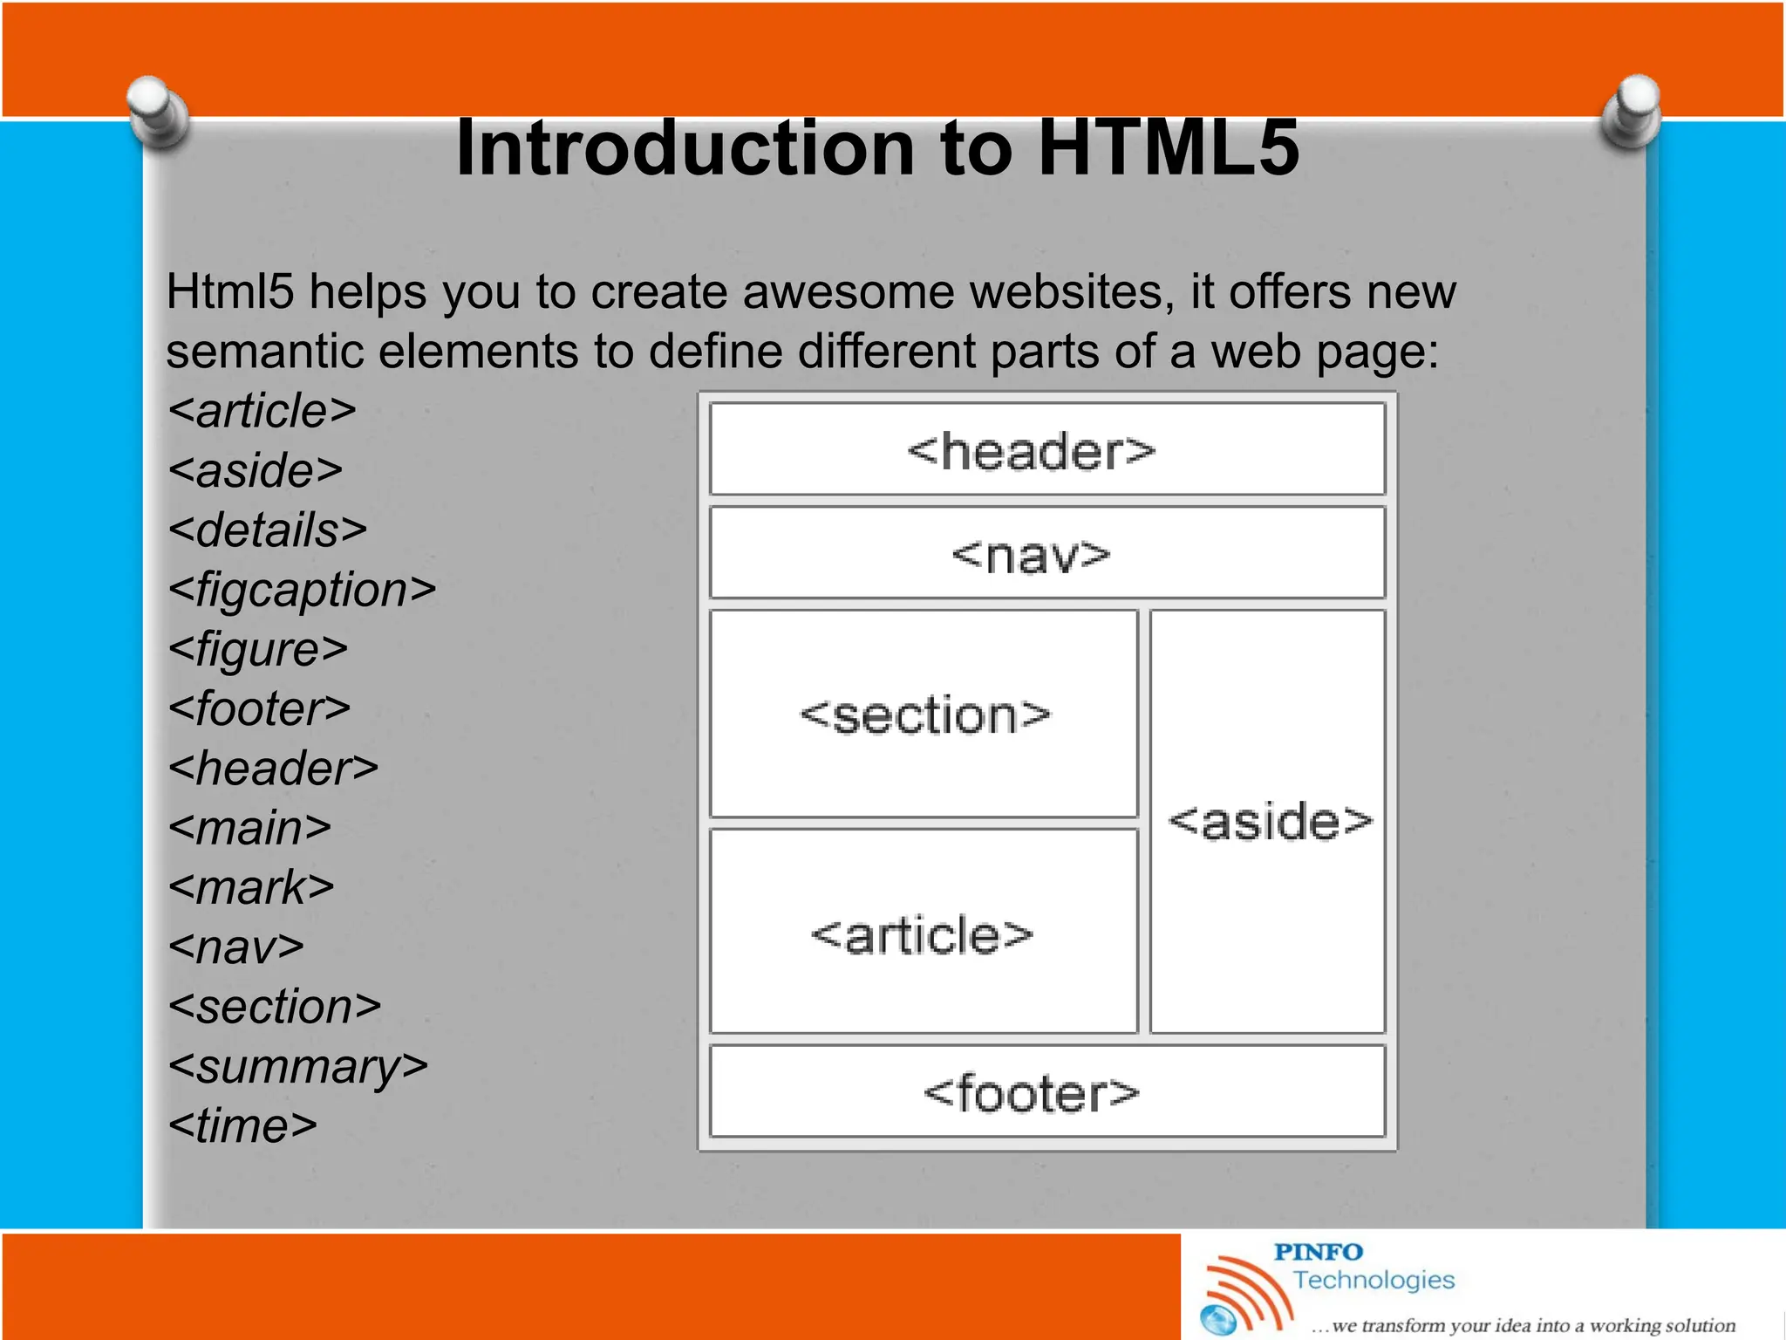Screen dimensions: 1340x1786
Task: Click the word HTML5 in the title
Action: pos(1169,148)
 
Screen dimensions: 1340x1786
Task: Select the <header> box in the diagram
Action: pos(1046,450)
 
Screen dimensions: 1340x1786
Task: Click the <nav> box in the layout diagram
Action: pos(1046,554)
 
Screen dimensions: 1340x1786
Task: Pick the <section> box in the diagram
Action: pos(924,714)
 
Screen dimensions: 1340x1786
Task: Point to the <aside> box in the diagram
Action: pos(1268,821)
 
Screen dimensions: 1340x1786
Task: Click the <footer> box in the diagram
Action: pos(1046,1092)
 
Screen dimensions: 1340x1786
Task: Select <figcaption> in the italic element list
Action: pos(302,591)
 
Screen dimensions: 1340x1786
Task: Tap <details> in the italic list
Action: pos(268,530)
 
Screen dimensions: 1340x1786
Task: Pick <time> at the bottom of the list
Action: pos(242,1125)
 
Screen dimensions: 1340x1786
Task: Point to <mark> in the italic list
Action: pos(251,888)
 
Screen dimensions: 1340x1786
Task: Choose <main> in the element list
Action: pos(250,828)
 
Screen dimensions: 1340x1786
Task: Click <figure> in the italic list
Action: pos(258,650)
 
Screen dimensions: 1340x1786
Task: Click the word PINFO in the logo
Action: pos(1318,1253)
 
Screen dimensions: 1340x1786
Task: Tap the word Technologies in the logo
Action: pos(1374,1280)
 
